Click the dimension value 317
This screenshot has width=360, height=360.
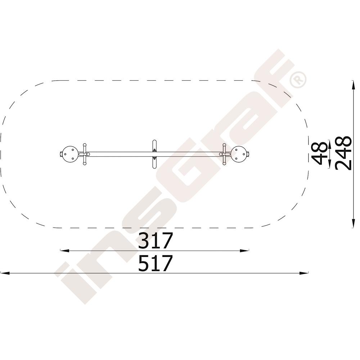(155, 240)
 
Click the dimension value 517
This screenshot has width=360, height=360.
(155, 263)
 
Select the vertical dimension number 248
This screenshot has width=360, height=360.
(343, 153)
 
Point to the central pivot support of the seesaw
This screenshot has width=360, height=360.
(154, 154)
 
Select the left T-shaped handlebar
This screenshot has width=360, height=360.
(85, 154)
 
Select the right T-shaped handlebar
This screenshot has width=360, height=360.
(224, 154)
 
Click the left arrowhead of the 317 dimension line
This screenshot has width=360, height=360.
(64, 251)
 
